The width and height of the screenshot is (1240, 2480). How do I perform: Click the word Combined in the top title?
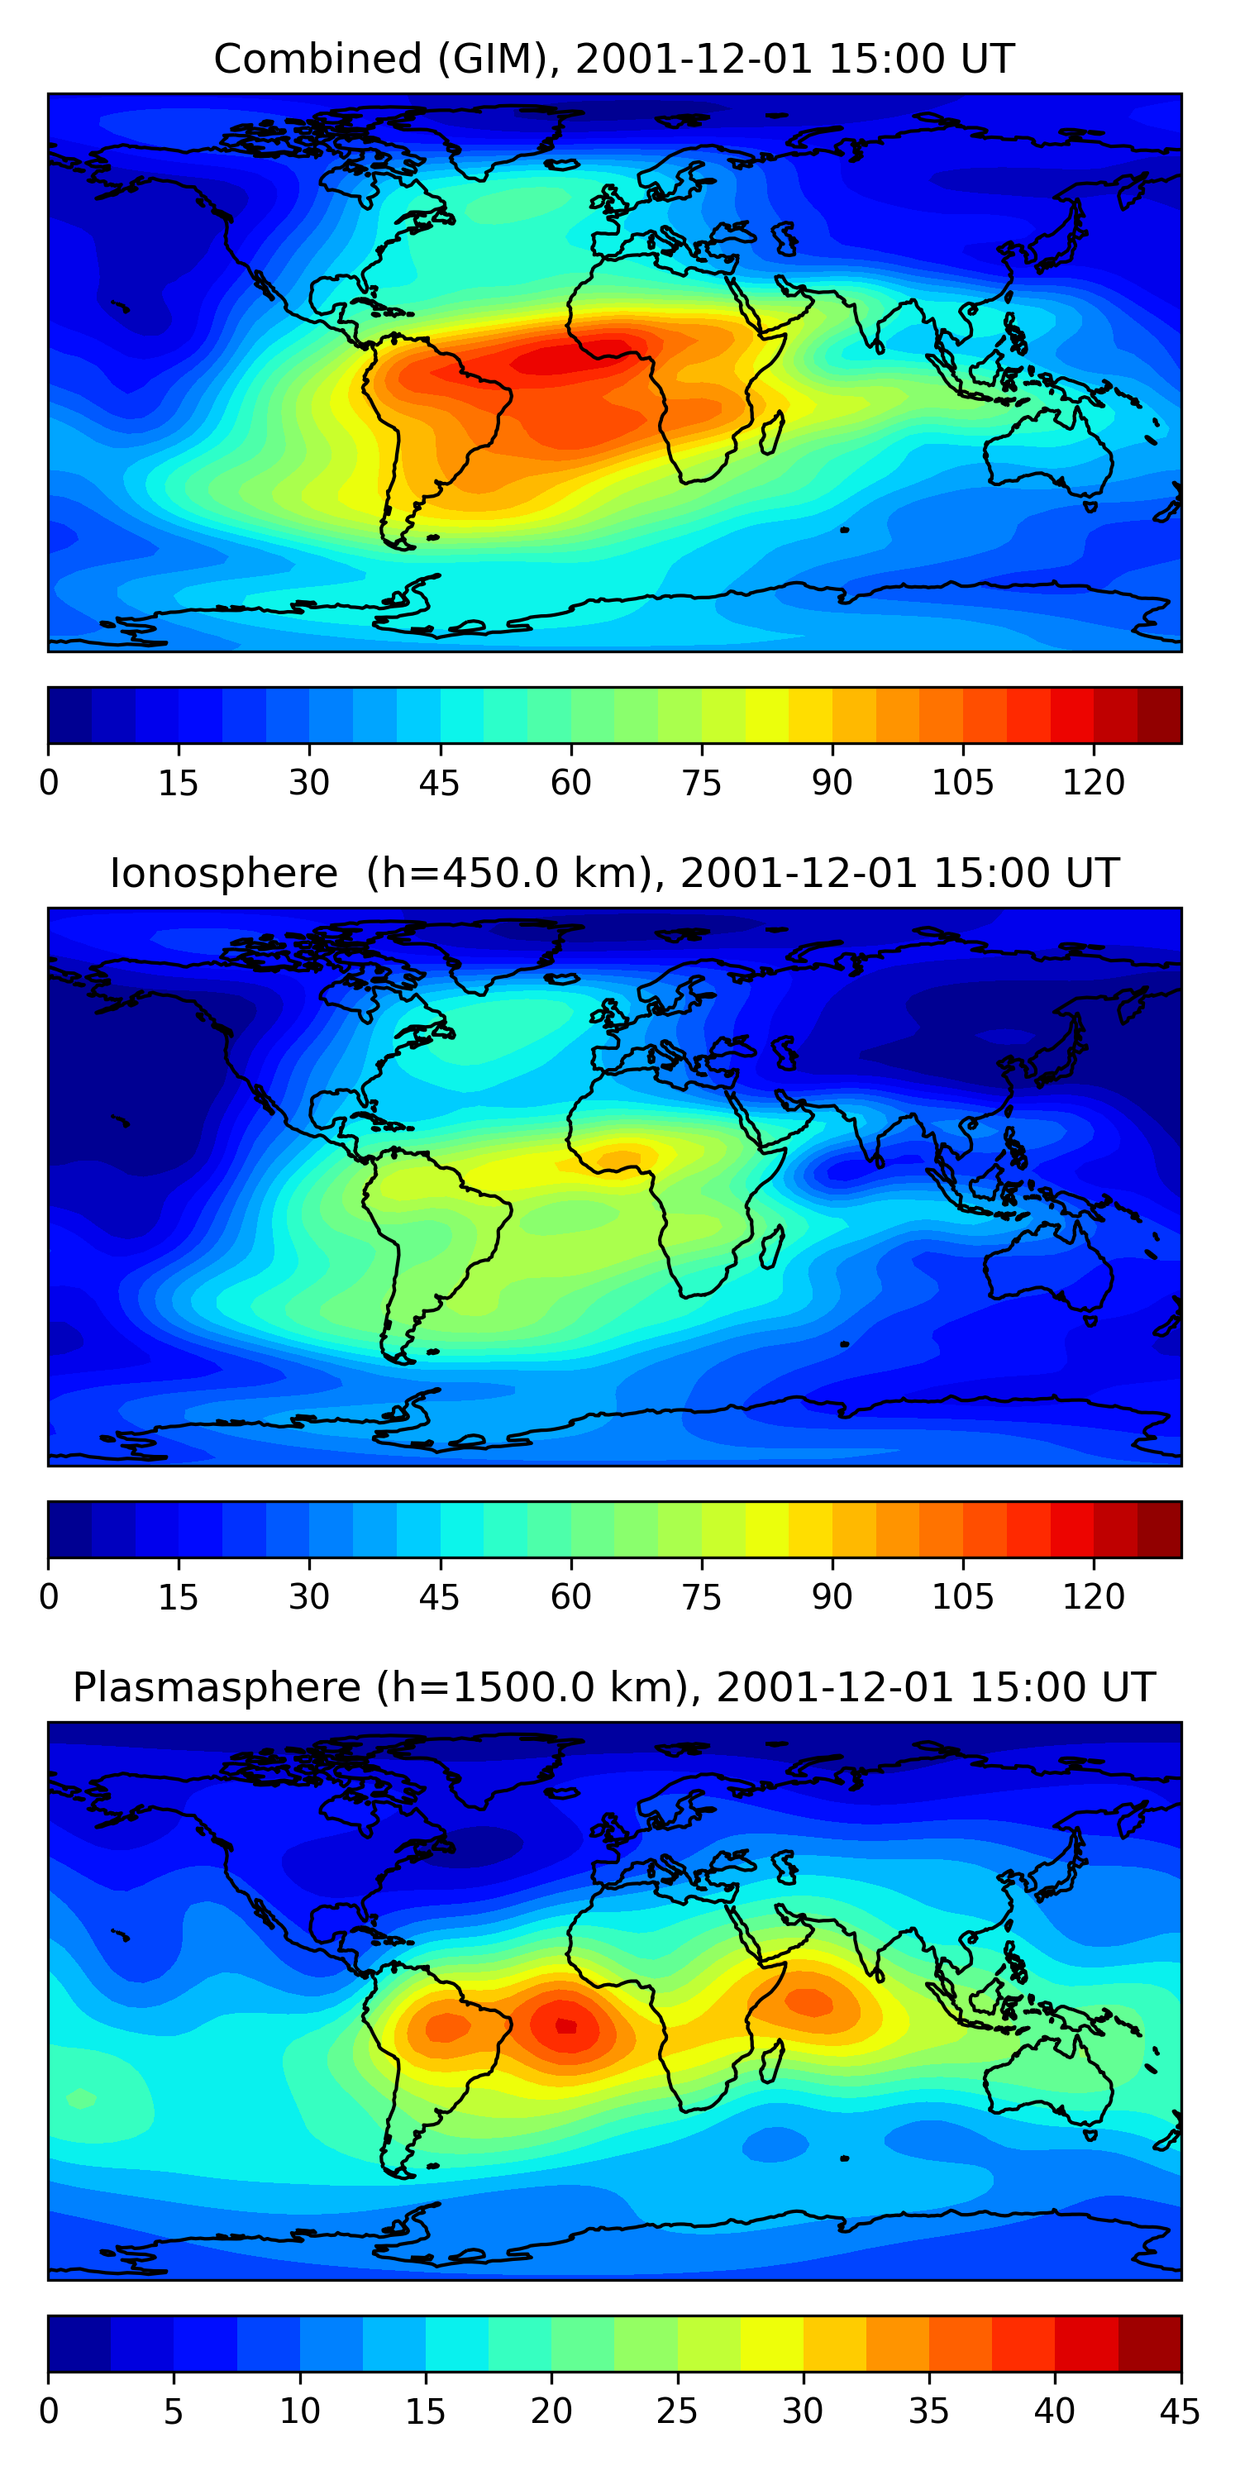pos(317,59)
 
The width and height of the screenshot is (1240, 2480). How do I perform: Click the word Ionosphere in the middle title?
pos(223,873)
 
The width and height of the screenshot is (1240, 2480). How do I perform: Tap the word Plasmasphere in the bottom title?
pos(217,1688)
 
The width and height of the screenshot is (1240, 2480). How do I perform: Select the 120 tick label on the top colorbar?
pos(1094,784)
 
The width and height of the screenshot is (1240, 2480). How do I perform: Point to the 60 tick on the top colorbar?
pos(571,784)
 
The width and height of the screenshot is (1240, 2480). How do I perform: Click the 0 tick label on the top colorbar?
pos(48,784)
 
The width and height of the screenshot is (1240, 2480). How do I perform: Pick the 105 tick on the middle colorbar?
pos(963,1598)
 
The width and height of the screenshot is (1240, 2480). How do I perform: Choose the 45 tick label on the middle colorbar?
pos(440,1598)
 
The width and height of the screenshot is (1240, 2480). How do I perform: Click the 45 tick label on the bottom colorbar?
pos(1180,2411)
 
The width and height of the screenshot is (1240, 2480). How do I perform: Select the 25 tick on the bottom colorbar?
pos(677,2411)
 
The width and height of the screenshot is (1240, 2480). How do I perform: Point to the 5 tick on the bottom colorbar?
pos(174,2411)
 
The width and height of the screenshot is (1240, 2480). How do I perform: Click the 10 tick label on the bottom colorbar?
pos(299,2411)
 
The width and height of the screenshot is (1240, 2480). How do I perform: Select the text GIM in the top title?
pos(493,59)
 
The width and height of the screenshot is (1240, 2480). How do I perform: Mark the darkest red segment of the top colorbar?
pos(1159,715)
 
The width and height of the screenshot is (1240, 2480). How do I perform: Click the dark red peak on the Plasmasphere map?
pos(566,2025)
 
